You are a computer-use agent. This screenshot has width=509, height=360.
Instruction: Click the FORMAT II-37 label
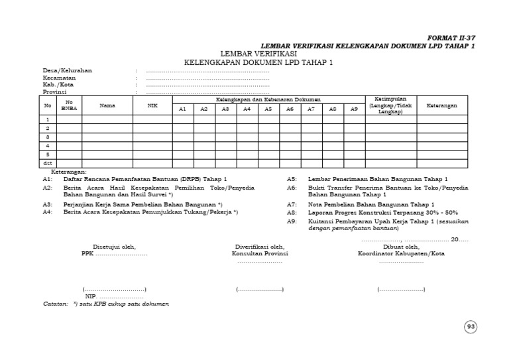[452, 38]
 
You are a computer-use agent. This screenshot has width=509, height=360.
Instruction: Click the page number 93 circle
[471, 326]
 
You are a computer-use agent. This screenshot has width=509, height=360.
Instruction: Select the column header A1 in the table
[183, 109]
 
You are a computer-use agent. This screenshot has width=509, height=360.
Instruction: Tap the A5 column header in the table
[268, 109]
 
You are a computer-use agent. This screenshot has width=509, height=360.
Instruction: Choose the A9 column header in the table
[354, 109]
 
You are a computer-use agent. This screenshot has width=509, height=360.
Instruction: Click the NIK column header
[152, 105]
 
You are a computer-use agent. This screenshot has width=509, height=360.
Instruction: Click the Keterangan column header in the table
[441, 105]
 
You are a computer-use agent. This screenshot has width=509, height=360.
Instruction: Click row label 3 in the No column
[48, 136]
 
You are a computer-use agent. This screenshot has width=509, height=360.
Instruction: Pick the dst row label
[48, 162]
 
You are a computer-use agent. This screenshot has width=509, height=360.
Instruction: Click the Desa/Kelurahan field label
[68, 70]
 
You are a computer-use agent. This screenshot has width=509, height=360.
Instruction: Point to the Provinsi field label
[56, 92]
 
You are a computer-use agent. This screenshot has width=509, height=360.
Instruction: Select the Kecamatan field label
[60, 78]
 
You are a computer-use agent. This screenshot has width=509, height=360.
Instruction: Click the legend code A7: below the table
[292, 205]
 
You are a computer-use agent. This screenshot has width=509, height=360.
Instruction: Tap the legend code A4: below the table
[47, 213]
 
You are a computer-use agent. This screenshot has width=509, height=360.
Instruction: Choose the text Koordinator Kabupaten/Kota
[400, 253]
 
